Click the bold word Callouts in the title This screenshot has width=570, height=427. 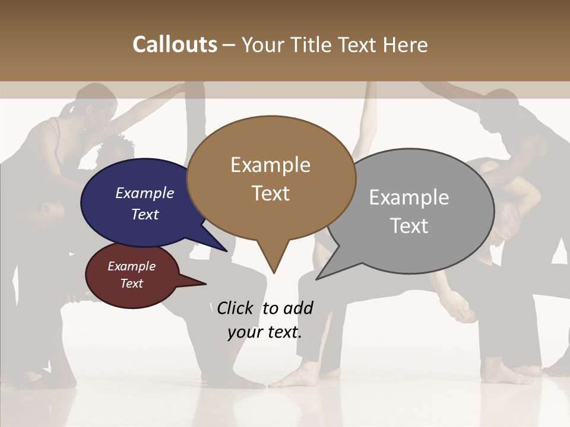point(175,44)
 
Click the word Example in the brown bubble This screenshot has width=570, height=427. point(270,165)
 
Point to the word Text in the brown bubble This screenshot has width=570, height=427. point(270,193)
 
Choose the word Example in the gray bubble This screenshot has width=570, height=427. point(408,197)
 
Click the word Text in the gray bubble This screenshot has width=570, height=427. point(408,225)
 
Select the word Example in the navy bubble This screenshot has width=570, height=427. point(145,193)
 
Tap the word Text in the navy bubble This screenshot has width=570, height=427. point(145,214)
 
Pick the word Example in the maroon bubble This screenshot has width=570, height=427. point(131,266)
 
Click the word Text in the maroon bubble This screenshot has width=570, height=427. point(131,283)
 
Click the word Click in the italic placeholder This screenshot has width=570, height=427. point(236,308)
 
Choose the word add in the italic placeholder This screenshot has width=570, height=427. point(298,308)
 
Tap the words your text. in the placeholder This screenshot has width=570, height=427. point(264,332)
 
